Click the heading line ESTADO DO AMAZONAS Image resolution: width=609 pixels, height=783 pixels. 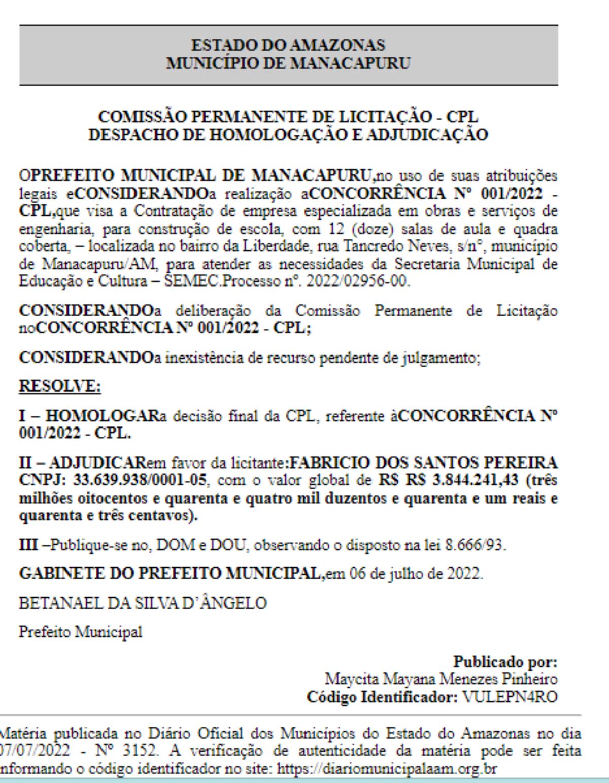288,45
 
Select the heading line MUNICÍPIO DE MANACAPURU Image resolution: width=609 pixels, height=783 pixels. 288,63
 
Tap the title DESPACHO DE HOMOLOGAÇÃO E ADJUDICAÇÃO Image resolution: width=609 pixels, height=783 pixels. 288,135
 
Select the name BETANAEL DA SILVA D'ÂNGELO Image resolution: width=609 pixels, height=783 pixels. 143,603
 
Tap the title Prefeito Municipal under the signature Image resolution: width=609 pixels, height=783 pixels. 81,632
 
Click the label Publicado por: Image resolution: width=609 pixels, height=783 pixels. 505,662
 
